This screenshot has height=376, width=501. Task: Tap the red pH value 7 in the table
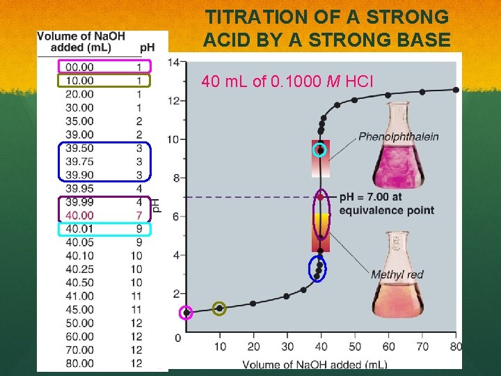(139, 215)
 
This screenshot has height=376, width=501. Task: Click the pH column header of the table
(147, 47)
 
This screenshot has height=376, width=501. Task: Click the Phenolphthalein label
(398, 136)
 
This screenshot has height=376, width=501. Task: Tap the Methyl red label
(397, 274)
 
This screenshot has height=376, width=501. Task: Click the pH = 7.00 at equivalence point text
(386, 203)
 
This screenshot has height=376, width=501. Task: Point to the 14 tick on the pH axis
(173, 63)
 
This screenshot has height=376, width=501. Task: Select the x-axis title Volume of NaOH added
(315, 364)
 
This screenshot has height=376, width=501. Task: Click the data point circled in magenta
(186, 313)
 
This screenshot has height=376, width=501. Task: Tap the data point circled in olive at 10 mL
(219, 308)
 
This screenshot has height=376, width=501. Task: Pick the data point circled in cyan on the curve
(320, 150)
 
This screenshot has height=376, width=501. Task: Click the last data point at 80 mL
(456, 90)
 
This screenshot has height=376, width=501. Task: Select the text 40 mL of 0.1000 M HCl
(287, 83)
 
